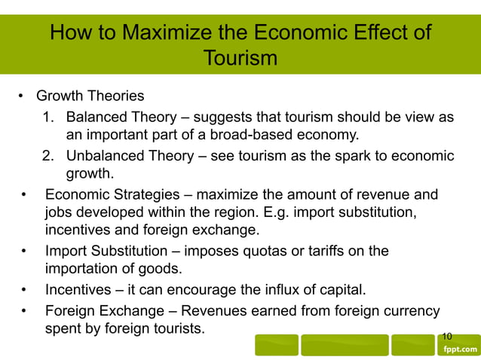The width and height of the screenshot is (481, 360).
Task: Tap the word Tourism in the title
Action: coord(240,58)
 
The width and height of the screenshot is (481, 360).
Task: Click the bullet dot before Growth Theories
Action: coord(21,96)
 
